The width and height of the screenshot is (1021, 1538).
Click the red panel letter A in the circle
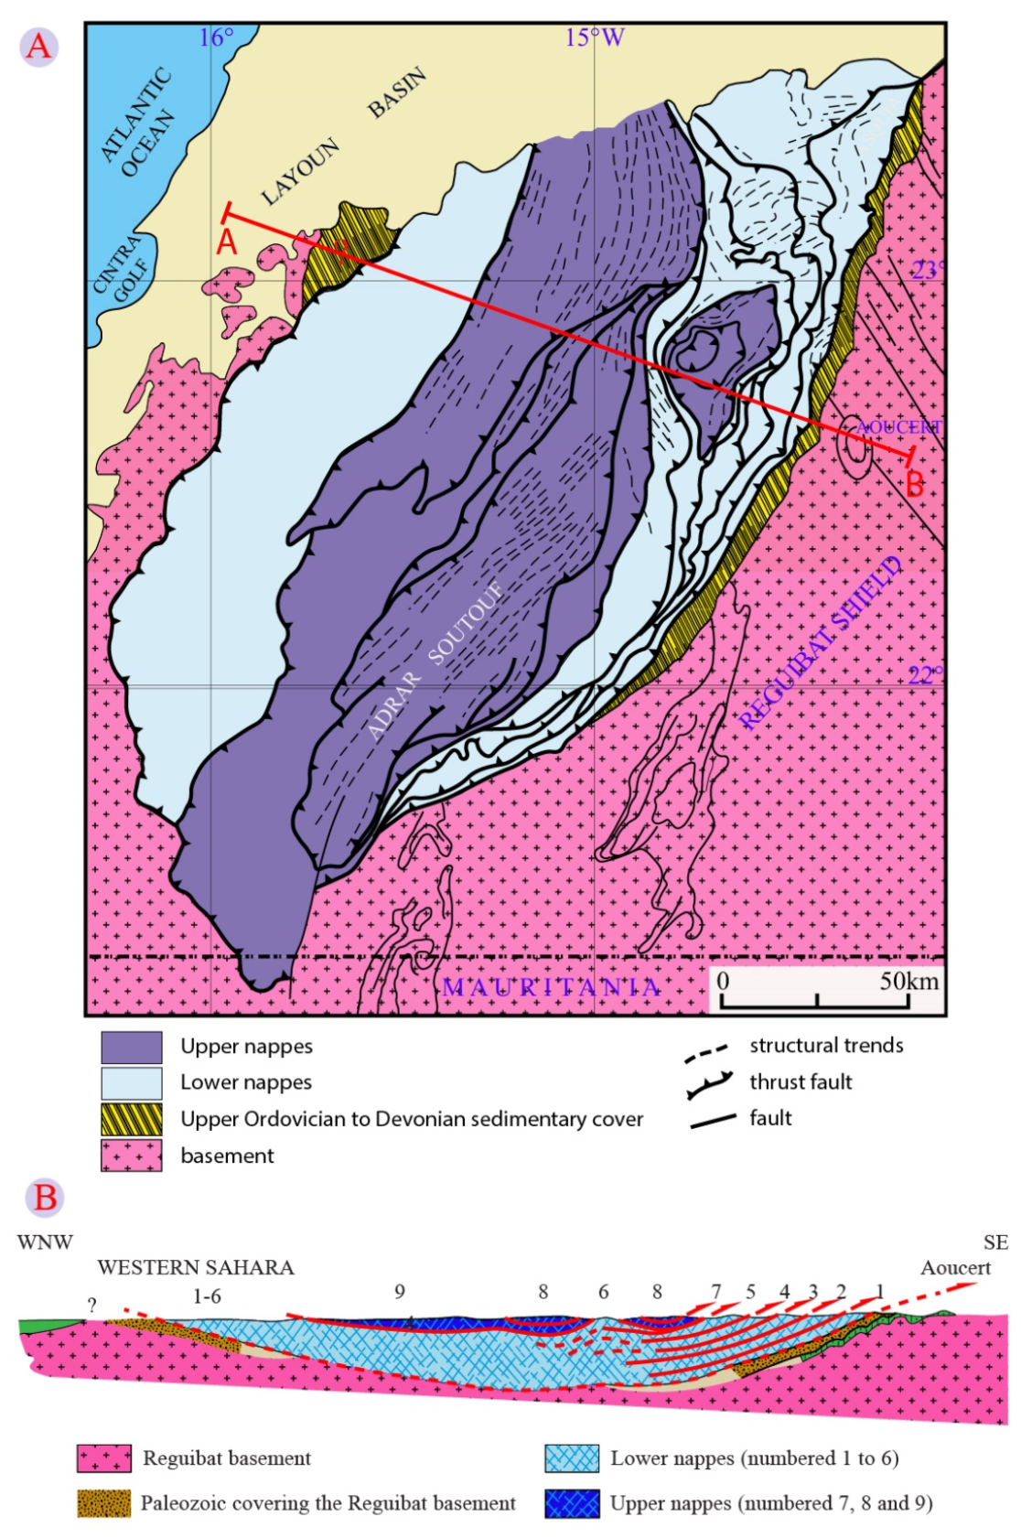pos(38,46)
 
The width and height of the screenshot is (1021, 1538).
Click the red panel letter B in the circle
pos(45,1197)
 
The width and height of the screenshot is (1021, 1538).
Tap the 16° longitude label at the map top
pos(216,38)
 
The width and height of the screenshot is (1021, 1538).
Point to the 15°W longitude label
pos(594,38)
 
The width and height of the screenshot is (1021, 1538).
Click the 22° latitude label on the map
pos(924,675)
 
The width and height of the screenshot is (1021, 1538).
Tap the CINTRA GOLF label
pos(119,267)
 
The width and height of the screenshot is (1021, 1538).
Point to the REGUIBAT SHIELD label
pos(821,642)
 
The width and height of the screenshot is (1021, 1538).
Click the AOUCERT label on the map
pos(897,427)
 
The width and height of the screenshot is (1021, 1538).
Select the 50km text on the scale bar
pos(908,981)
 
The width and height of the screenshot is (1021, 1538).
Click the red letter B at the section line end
pos(914,484)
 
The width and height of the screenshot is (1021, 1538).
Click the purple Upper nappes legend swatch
pos(131,1047)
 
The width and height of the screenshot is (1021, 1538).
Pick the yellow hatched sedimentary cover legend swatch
pos(131,1119)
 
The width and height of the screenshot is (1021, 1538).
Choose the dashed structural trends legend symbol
pos(706,1051)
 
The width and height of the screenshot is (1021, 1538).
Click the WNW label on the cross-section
pos(44,1242)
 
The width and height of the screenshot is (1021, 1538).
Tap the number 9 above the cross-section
pos(400,1291)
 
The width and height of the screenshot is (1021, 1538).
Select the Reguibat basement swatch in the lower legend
pos(103,1457)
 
